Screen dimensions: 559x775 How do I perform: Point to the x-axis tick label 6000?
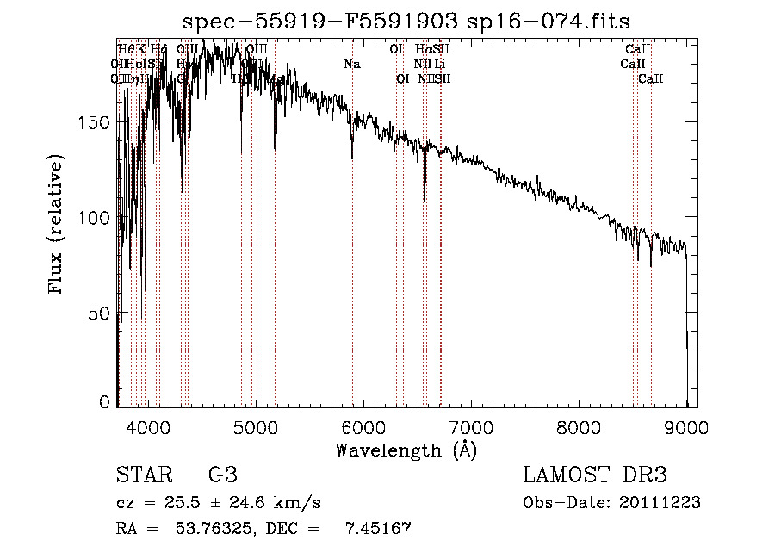363,426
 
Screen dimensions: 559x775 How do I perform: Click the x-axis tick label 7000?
471,426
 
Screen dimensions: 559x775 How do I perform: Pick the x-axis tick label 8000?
579,426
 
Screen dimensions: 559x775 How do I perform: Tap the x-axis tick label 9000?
686,426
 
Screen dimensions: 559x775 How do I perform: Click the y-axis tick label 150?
97,122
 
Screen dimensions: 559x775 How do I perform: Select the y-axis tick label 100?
97,218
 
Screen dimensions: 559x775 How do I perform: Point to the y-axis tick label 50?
102,314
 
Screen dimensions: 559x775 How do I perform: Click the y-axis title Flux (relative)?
57,226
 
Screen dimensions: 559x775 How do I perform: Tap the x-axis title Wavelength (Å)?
406,450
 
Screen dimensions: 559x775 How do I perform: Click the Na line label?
351,65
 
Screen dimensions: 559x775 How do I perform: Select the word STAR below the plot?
144,475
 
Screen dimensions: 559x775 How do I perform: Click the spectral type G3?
222,475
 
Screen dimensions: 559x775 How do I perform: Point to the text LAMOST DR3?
595,475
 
